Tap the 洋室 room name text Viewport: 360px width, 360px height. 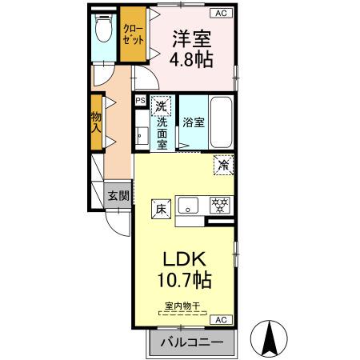click(x=192, y=38)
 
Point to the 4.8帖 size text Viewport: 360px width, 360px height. click(x=192, y=59)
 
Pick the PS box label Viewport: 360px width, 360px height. click(x=140, y=100)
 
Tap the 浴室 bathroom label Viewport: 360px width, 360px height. click(x=194, y=122)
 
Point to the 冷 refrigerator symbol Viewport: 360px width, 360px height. click(x=224, y=163)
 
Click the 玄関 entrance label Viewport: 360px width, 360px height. click(x=118, y=195)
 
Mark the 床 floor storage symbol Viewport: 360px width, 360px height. click(x=160, y=210)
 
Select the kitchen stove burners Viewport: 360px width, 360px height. click(x=218, y=203)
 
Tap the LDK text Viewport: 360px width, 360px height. click(x=186, y=259)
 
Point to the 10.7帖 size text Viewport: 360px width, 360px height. click(x=186, y=281)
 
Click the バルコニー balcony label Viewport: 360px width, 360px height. click(x=191, y=343)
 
